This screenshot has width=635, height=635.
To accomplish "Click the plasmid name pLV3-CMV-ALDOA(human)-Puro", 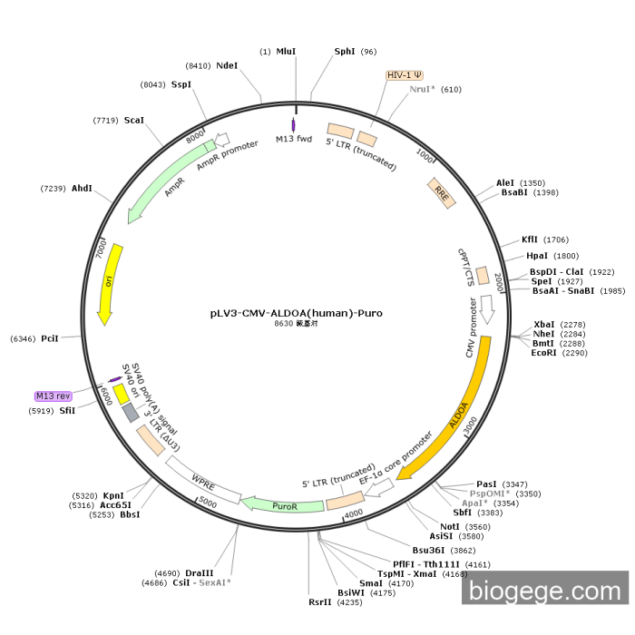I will pyautogui.click(x=296, y=313).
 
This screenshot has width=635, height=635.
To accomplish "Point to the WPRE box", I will pyautogui.click(x=202, y=478).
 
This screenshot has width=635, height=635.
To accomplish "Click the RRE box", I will pyautogui.click(x=442, y=193).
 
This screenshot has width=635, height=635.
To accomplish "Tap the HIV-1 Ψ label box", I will pyautogui.click(x=405, y=75).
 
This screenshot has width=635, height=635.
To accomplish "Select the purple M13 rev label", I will pyautogui.click(x=53, y=396).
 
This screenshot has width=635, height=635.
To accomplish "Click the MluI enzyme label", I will pyautogui.click(x=286, y=52).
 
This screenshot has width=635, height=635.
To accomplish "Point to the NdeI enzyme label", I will pyautogui.click(x=227, y=65).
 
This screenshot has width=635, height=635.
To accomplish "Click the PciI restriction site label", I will pyautogui.click(x=49, y=338).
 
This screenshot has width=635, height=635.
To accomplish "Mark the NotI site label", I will pyautogui.click(x=450, y=526).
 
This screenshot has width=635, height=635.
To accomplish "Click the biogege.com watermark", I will pyautogui.click(x=544, y=591).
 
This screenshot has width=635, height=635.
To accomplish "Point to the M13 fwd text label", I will pyautogui.click(x=294, y=140).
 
